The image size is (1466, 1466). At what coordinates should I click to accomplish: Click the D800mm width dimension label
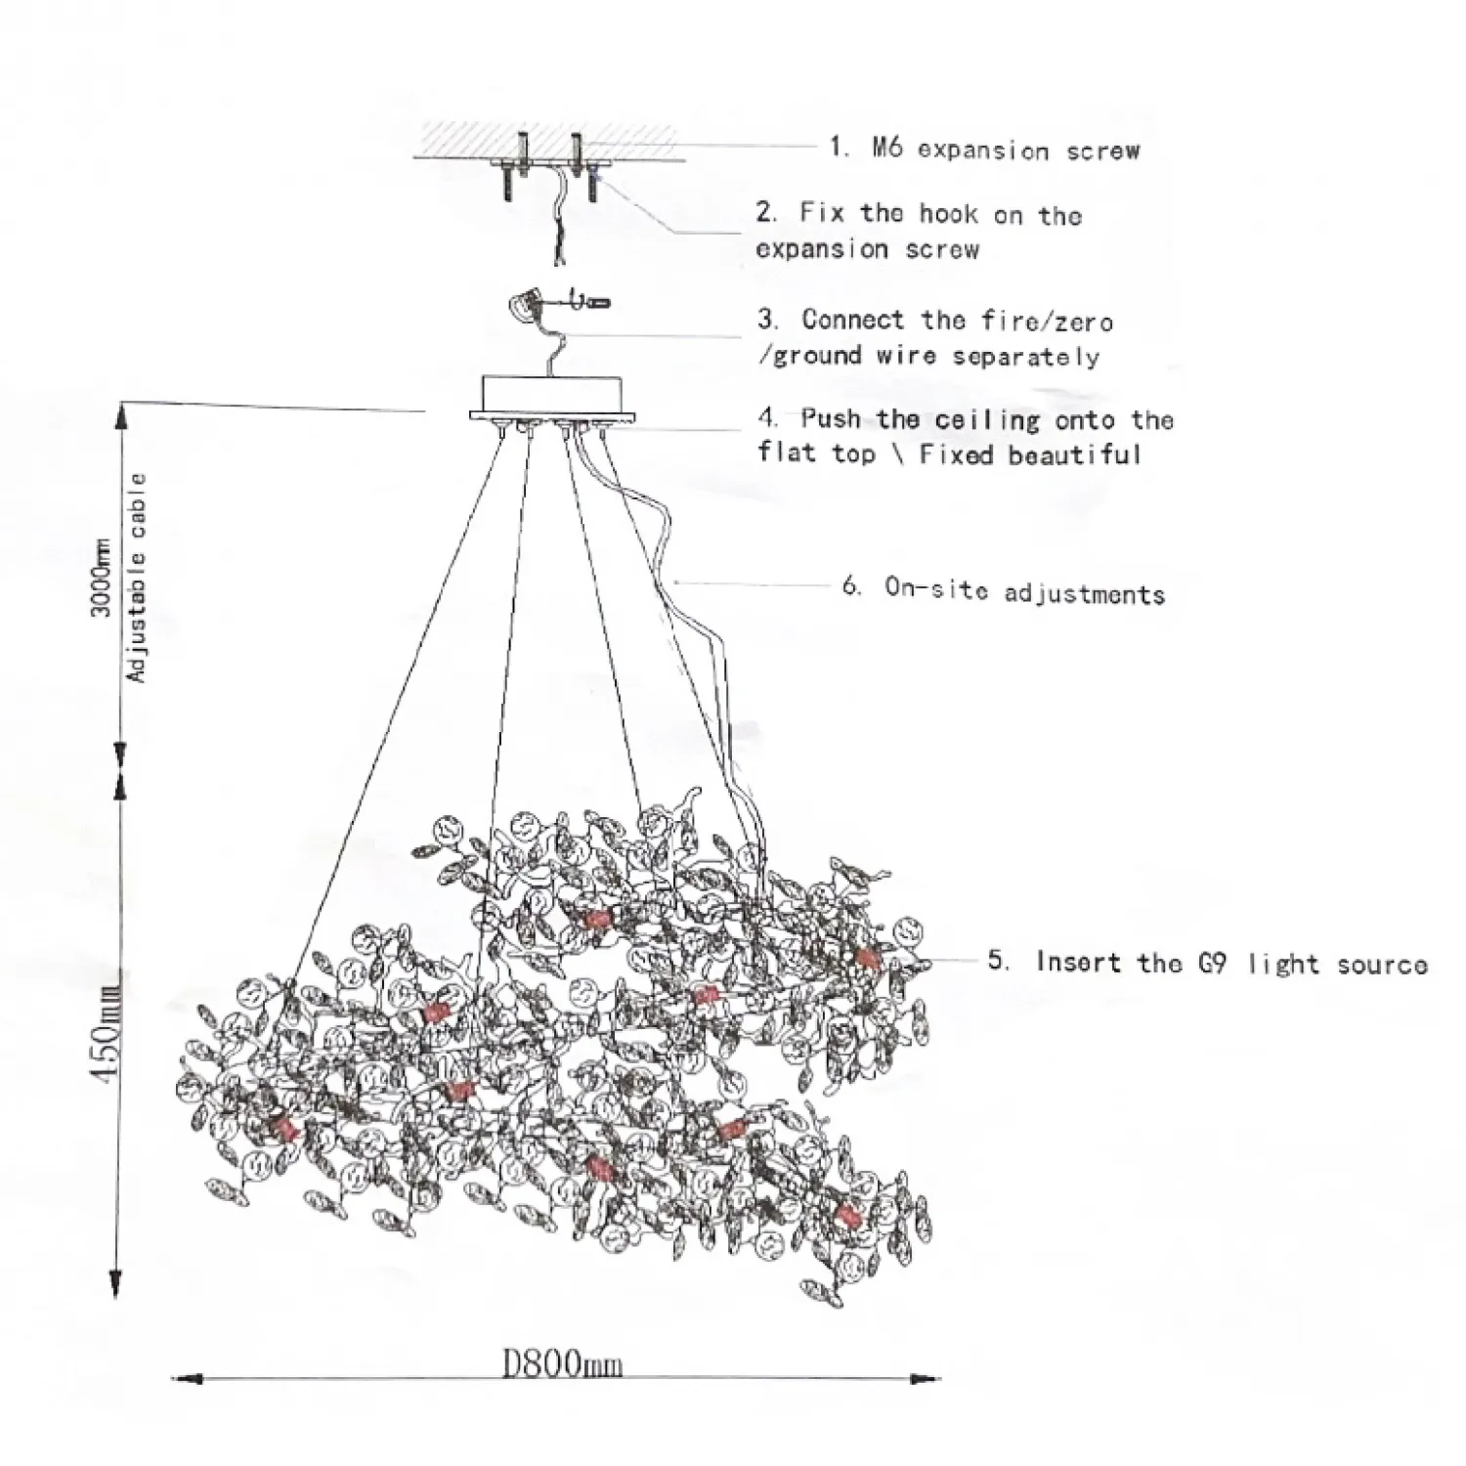coord(562,1362)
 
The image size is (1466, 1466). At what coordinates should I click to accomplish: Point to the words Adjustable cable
coord(137,578)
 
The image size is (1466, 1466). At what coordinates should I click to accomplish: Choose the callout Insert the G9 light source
coord(1231,964)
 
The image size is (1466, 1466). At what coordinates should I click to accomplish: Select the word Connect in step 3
coord(852,320)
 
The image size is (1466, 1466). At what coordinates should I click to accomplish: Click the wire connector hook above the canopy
coord(528,305)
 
